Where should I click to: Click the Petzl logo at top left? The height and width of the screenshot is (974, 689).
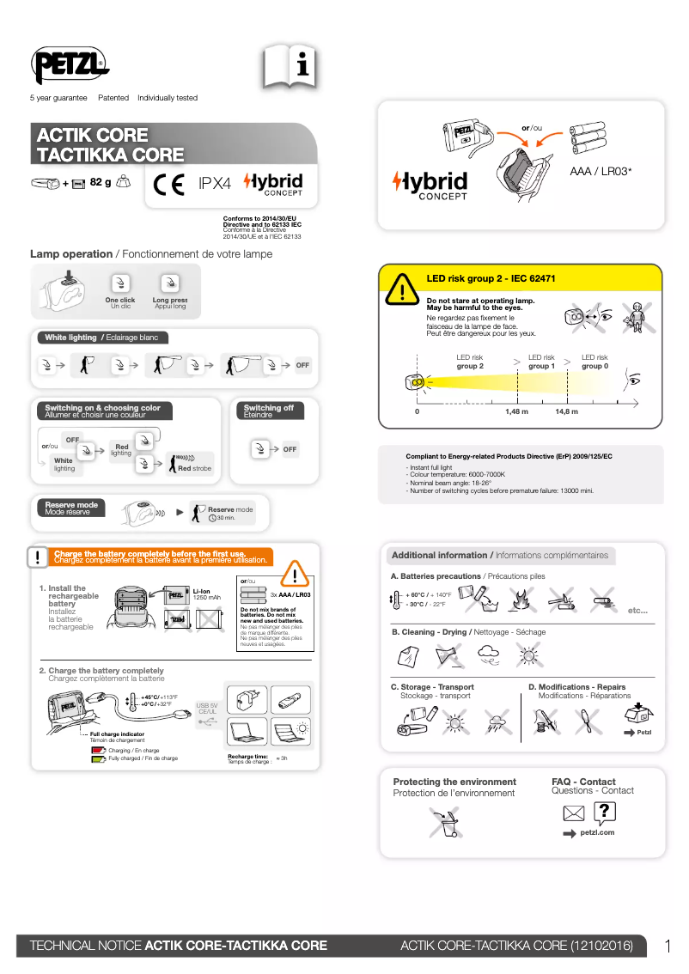point(70,64)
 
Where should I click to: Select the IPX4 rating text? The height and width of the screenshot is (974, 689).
point(215,184)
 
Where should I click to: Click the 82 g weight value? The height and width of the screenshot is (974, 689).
point(101,182)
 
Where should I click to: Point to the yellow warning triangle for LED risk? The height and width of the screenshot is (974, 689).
point(401,289)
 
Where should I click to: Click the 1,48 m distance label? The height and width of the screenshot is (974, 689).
point(516,411)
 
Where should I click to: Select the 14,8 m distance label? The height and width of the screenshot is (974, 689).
point(566,411)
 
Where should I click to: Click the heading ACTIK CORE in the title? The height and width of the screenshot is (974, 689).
point(92,136)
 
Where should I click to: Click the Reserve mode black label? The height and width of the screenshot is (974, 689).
point(71,508)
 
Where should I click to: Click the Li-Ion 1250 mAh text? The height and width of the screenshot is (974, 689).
point(206,594)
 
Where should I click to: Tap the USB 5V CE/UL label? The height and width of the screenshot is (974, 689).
point(208,708)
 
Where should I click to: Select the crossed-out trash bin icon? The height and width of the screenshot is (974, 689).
point(448,823)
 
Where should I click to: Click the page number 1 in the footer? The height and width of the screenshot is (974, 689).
point(668,946)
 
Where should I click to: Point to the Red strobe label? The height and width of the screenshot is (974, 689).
point(194,468)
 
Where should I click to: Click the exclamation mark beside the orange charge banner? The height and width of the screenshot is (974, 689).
point(37,557)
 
